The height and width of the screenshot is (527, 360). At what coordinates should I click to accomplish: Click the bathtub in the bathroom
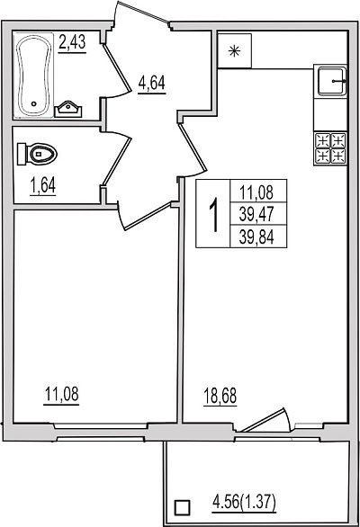tap(33, 76)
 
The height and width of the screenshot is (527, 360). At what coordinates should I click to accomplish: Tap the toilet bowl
tap(37, 155)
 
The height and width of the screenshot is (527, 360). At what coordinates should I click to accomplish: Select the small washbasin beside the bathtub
tap(68, 109)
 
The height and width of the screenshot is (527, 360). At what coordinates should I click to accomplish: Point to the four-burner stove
tap(330, 148)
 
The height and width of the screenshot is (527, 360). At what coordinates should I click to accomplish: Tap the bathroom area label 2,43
tap(72, 43)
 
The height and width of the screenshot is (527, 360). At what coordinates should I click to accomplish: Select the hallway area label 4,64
tap(152, 84)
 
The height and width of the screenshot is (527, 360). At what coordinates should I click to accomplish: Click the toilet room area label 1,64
tap(43, 186)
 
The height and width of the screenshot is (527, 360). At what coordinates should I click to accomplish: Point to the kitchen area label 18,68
tap(220, 396)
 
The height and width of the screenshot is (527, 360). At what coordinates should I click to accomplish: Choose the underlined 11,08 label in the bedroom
tap(61, 394)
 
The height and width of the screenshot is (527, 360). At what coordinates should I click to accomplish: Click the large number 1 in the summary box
tap(213, 214)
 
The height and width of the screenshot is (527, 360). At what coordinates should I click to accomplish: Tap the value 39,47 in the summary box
tap(256, 214)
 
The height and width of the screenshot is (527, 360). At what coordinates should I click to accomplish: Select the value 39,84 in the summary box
tap(256, 237)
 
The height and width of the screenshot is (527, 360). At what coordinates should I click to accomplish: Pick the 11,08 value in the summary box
tap(256, 192)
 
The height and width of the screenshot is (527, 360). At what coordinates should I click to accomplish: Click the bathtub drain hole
tap(33, 103)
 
